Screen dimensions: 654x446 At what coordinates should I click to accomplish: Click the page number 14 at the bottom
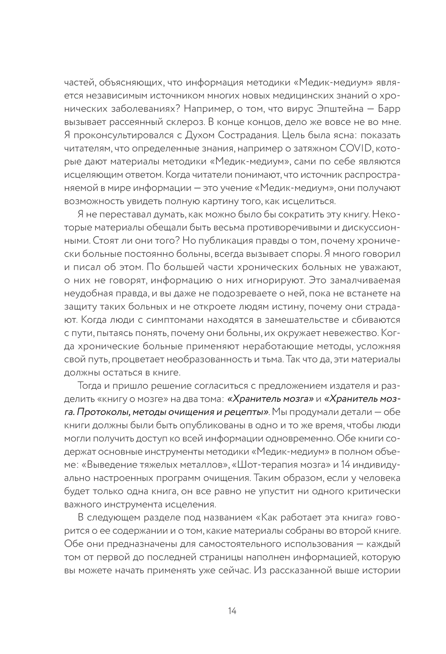coord(231,611)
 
